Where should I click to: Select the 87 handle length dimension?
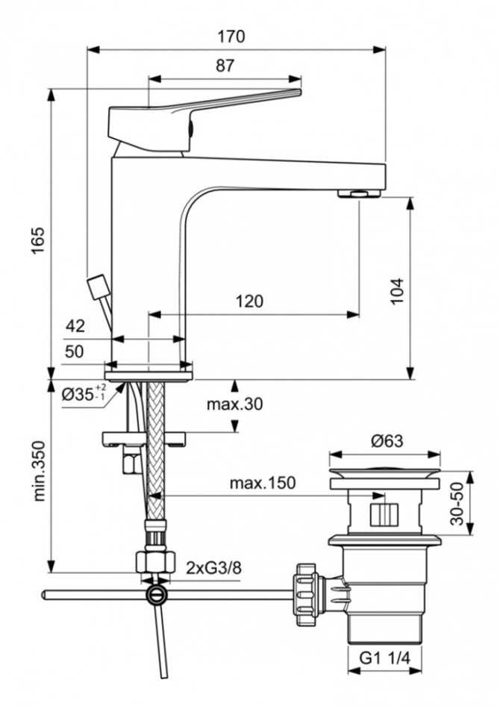pyautogui.click(x=225, y=66)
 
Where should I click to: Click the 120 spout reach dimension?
pyautogui.click(x=249, y=302)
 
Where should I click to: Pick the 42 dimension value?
pyautogui.click(x=75, y=326)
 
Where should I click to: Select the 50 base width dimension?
pyautogui.click(x=74, y=351)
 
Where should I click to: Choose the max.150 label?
pyautogui.click(x=262, y=483)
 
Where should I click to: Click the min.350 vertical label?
pyautogui.click(x=39, y=470)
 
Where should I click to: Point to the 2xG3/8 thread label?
pyautogui.click(x=214, y=568)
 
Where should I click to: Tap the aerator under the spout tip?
pyautogui.click(x=359, y=194)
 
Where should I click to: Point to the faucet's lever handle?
pyautogui.click(x=201, y=112)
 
